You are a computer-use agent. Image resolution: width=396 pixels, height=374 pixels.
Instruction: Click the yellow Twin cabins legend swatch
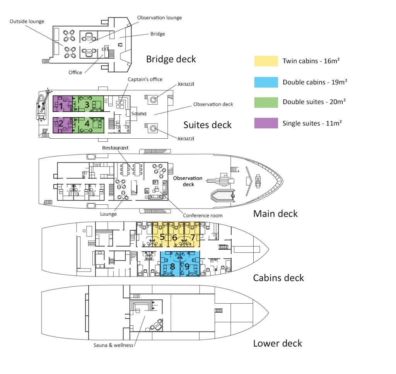pos(266,61)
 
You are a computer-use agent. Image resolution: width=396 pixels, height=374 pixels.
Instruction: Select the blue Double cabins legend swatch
pos(266,82)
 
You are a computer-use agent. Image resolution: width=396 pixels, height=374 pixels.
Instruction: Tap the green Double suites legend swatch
pos(266,102)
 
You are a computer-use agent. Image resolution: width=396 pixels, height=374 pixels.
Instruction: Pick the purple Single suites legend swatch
pos(266,123)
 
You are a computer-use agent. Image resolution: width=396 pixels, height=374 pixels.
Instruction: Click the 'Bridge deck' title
pos(171,59)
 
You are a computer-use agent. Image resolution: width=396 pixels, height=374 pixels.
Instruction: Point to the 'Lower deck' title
pos(278,343)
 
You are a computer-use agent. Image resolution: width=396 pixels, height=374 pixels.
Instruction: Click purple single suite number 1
pos(63,104)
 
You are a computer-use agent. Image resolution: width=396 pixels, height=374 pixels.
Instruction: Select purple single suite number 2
pos(63,125)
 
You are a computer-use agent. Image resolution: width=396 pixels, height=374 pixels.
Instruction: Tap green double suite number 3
pos(88,104)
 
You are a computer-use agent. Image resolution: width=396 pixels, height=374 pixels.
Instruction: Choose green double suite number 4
pos(88,125)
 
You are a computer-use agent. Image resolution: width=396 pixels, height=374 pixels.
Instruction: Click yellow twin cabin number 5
pos(160,235)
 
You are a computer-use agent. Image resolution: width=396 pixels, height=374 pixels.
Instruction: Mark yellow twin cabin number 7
pos(192,235)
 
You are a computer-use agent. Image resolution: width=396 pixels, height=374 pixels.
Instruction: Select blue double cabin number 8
pos(170,264)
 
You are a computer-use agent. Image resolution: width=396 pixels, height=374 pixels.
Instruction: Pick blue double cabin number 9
pos(190,264)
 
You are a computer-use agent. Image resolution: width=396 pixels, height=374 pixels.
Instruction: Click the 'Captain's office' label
pos(145,79)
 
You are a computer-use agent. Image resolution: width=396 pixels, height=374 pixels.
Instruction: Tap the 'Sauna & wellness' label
pos(113,345)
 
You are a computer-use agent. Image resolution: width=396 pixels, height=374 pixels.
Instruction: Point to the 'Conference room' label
pos(203,216)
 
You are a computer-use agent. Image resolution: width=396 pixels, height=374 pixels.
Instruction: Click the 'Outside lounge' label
pos(27,22)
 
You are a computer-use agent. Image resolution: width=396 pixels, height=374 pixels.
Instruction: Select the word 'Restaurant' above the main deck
pos(115,148)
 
